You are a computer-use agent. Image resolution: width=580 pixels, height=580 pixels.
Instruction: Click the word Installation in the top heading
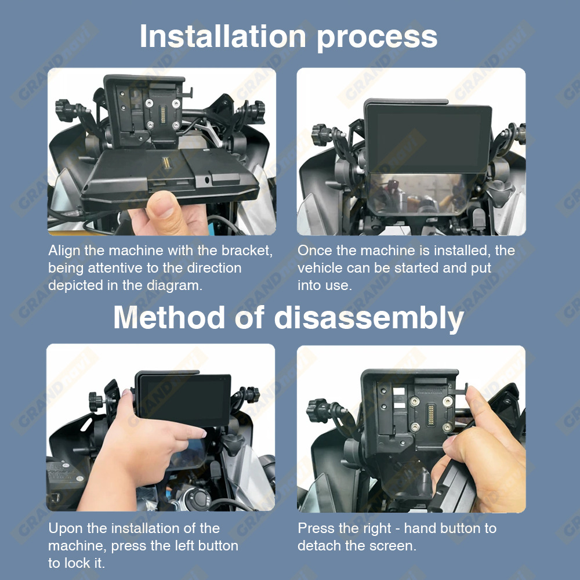click(x=223, y=36)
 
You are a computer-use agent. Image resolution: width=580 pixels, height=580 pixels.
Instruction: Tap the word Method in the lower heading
click(x=169, y=317)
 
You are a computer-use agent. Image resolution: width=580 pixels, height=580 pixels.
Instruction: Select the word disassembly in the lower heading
click(x=369, y=319)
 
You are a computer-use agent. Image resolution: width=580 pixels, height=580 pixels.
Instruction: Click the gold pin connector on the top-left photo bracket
click(x=162, y=114)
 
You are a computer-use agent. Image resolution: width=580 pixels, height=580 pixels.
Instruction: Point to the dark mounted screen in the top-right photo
click(x=429, y=138)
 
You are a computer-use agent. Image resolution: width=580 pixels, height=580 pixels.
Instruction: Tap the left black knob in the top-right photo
click(x=320, y=135)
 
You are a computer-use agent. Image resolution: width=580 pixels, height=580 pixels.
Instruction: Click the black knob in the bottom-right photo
click(x=318, y=410)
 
